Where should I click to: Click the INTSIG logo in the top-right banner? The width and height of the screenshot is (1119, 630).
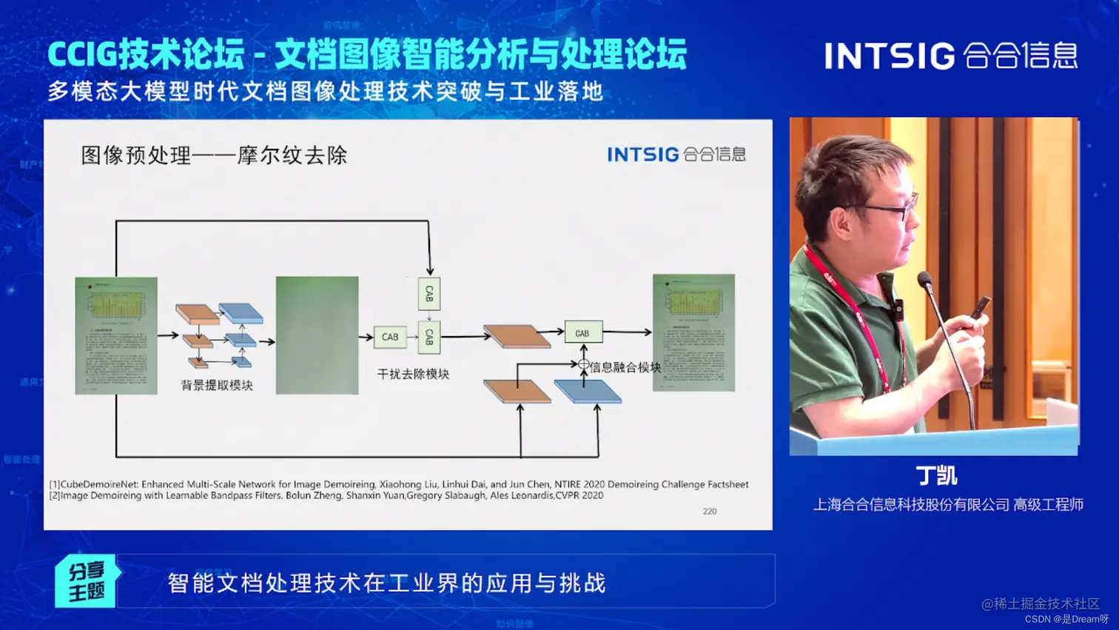pyautogui.click(x=950, y=56)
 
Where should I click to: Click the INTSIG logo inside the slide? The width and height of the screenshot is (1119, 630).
pyautogui.click(x=676, y=154)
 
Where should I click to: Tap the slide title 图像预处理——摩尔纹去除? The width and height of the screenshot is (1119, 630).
pyautogui.click(x=214, y=155)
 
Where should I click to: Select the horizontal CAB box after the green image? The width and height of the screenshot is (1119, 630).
pyautogui.click(x=390, y=337)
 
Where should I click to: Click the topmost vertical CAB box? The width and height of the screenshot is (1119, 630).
pyautogui.click(x=429, y=294)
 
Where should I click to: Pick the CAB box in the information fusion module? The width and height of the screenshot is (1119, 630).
pyautogui.click(x=583, y=333)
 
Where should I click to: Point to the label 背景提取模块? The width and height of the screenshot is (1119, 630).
pyautogui.click(x=217, y=385)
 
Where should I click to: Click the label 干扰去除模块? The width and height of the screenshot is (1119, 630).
pyautogui.click(x=413, y=374)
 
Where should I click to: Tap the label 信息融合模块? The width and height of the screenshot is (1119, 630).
pyautogui.click(x=625, y=367)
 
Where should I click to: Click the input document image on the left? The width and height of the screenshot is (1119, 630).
pyautogui.click(x=116, y=335)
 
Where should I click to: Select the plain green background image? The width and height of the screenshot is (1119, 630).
pyautogui.click(x=317, y=335)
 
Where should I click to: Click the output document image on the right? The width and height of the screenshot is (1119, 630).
pyautogui.click(x=693, y=332)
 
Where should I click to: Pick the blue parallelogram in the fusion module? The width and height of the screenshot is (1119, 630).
pyautogui.click(x=588, y=392)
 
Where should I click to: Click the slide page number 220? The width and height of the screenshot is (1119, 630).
pyautogui.click(x=709, y=512)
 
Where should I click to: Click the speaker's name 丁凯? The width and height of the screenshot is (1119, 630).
pyautogui.click(x=936, y=475)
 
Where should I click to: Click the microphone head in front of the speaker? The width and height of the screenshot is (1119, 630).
pyautogui.click(x=924, y=280)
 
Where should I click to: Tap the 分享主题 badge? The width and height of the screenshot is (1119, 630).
pyautogui.click(x=87, y=581)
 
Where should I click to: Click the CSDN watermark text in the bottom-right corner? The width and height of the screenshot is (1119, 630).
pyautogui.click(x=1066, y=619)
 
